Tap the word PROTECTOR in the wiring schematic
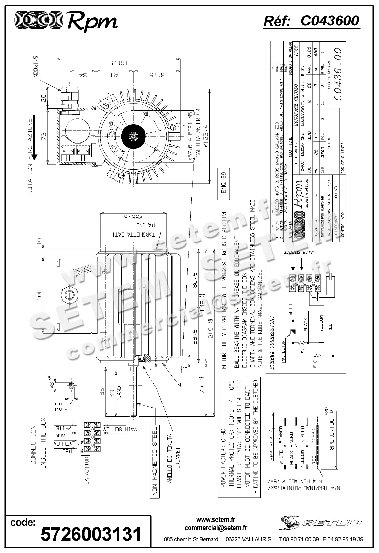click(283, 352)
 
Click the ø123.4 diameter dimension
click(206, 135)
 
